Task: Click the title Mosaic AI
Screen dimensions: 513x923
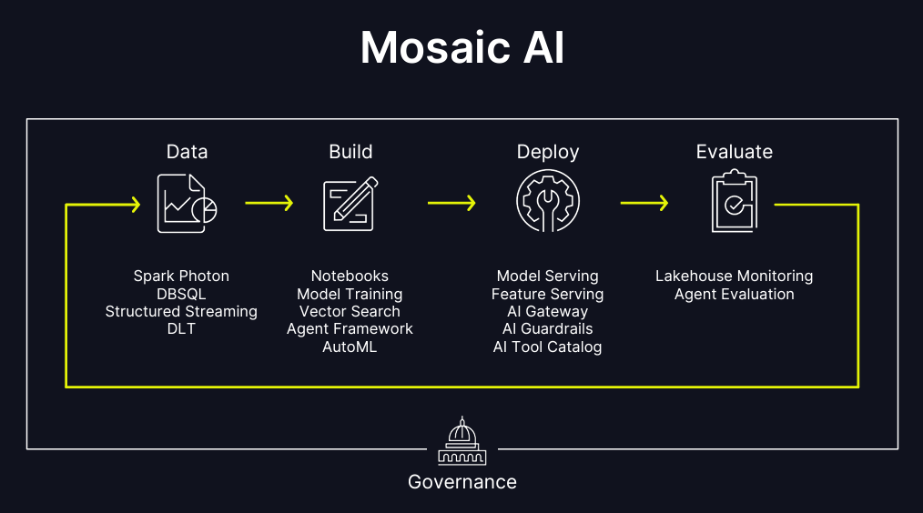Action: click(x=461, y=47)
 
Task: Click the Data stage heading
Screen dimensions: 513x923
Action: click(x=187, y=152)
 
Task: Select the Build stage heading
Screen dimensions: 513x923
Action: click(x=350, y=152)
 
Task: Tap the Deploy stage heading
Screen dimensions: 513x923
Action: click(x=548, y=152)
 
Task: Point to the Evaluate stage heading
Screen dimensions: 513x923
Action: click(x=735, y=152)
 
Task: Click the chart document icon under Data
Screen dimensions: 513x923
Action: click(x=187, y=203)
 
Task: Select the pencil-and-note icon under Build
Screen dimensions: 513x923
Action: click(x=350, y=204)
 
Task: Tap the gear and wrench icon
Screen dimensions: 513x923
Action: click(x=548, y=203)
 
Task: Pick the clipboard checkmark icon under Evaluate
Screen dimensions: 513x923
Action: click(x=734, y=203)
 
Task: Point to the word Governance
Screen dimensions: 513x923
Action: click(x=462, y=482)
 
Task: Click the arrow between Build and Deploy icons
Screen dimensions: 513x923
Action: click(x=451, y=203)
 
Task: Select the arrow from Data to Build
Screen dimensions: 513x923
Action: click(x=269, y=203)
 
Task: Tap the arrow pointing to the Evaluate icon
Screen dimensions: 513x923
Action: click(x=644, y=203)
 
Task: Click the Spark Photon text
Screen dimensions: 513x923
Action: click(x=181, y=276)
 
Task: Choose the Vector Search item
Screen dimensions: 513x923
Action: click(x=350, y=311)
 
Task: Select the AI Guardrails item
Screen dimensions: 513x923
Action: click(x=547, y=329)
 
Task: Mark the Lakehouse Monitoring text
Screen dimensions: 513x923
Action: click(x=734, y=276)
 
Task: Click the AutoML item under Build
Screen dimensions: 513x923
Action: click(x=350, y=347)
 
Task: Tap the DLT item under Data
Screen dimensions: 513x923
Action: click(x=181, y=328)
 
